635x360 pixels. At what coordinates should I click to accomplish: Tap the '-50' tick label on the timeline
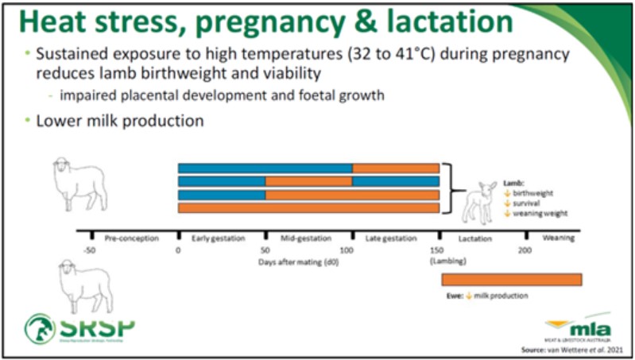click(x=90, y=249)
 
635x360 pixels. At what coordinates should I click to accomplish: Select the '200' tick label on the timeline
click(x=525, y=249)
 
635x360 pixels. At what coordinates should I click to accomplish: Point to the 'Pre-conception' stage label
click(x=132, y=238)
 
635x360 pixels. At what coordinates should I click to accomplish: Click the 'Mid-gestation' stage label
click(x=306, y=238)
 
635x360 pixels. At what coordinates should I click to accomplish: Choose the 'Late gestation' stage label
click(x=394, y=238)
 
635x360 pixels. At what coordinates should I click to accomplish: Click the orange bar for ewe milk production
click(x=511, y=279)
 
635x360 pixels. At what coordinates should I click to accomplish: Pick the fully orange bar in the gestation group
click(x=308, y=208)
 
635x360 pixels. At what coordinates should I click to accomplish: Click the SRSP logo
click(x=79, y=327)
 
